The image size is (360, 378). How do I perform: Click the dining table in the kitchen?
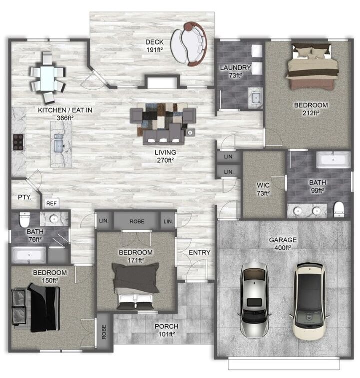coord(48,78)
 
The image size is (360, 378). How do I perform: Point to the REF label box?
coord(51,204)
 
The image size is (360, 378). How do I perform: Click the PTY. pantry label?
coord(25,197)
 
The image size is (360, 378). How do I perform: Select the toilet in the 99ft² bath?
coord(339,209)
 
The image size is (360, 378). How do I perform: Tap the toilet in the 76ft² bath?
coord(23,219)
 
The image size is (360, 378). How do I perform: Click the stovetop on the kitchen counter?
coord(18,142)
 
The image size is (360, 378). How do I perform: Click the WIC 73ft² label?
coord(263,188)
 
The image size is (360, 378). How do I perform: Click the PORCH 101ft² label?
coord(166,331)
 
